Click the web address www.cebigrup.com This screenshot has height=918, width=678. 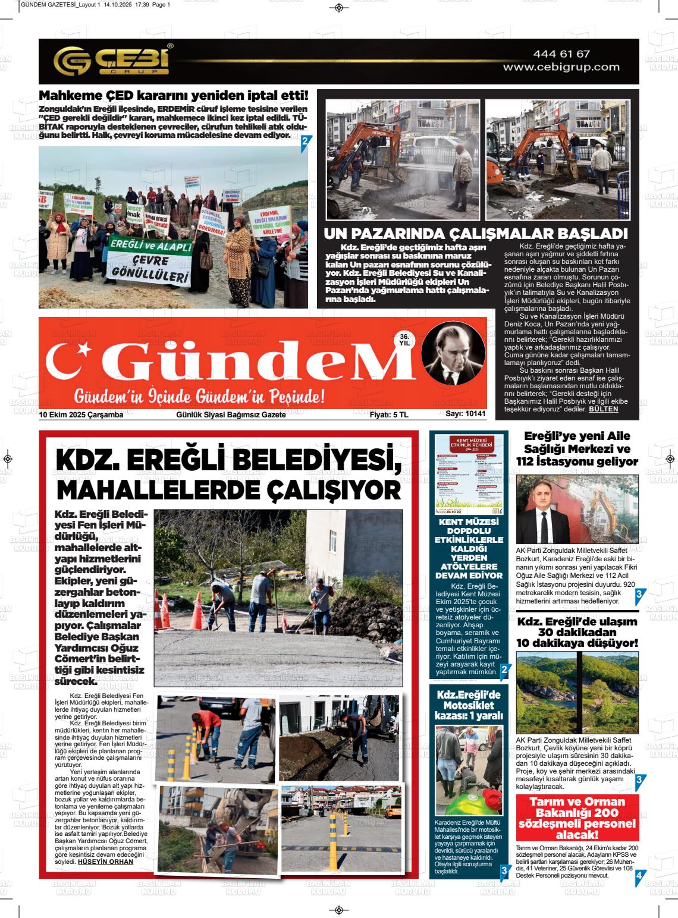coord(561,67)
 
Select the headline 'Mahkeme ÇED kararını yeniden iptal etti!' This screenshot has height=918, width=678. coord(174,96)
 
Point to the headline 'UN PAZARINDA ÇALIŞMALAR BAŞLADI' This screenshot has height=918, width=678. coord(475,233)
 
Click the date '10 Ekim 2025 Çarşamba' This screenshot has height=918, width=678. coord(81,415)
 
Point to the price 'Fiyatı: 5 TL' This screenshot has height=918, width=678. coord(388,415)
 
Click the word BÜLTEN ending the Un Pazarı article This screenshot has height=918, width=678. coord(603,409)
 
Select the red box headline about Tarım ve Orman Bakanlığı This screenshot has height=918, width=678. coord(577,818)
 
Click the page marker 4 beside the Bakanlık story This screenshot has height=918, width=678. coord(639,876)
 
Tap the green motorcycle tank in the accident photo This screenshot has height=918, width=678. coord(469,804)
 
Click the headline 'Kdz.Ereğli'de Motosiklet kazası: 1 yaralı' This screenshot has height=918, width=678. coord(469,705)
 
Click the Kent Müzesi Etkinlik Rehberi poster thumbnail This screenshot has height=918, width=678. coord(469,474)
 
